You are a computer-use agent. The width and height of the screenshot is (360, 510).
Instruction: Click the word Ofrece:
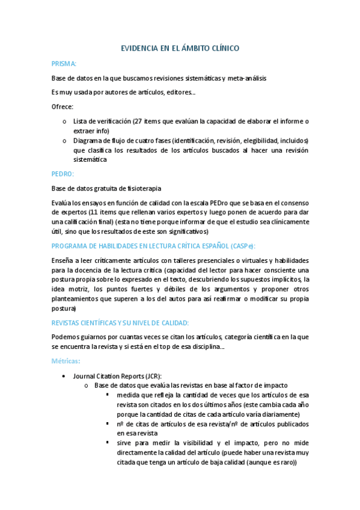63,107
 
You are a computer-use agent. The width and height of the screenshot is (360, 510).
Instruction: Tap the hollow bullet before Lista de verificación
65,121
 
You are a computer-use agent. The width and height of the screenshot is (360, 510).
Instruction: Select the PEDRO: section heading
63,173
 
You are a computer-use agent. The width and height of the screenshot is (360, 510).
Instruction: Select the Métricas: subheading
66,361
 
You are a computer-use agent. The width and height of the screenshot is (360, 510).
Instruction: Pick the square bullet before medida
107,395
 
